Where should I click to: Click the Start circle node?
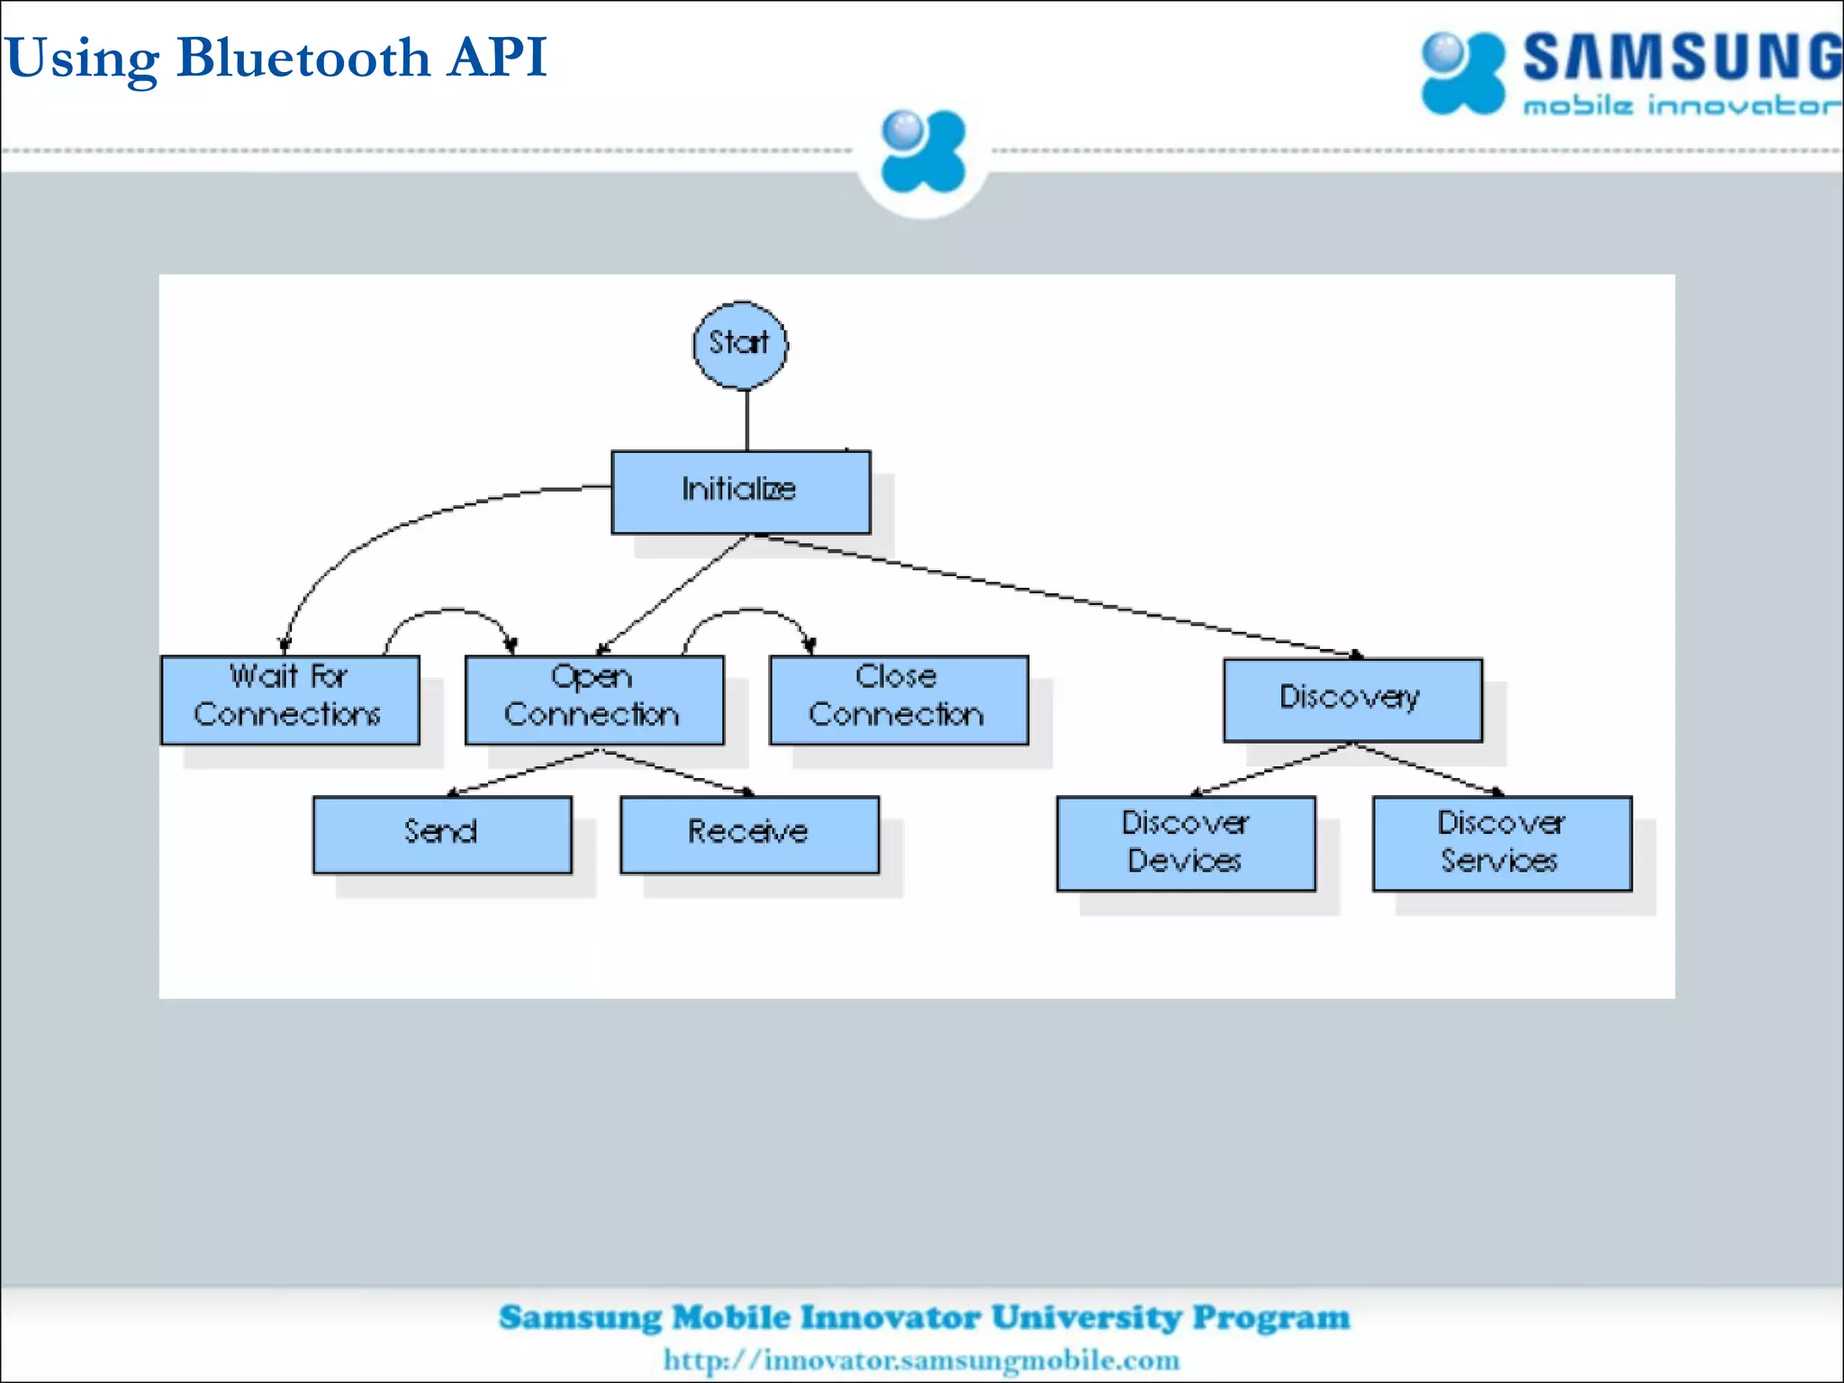(740, 345)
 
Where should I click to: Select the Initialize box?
(740, 492)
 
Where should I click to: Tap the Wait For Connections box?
(290, 700)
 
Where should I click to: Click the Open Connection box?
(593, 700)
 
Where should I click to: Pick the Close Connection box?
(898, 700)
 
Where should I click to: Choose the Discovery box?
(1351, 700)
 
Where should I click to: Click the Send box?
(442, 834)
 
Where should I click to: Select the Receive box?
(749, 834)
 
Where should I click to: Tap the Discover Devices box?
(1185, 843)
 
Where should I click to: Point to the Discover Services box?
(1501, 843)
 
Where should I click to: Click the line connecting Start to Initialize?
(746, 420)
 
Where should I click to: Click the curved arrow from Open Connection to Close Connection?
(747, 610)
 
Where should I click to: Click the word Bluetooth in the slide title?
(304, 59)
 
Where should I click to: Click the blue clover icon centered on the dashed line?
(922, 151)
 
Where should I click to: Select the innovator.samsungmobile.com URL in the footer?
(921, 1360)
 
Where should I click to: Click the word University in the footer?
(1086, 1317)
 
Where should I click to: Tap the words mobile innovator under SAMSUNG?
(1680, 106)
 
